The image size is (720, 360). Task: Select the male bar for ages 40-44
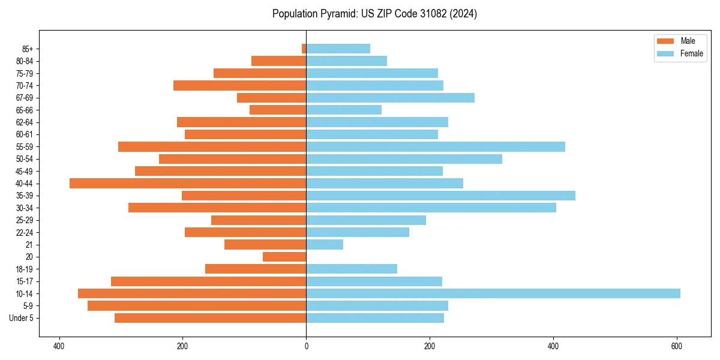click(x=188, y=184)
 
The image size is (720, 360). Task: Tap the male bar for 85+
click(x=304, y=49)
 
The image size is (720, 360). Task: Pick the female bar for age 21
click(x=325, y=244)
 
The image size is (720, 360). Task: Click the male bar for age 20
click(x=284, y=257)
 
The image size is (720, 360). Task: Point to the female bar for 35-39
click(x=440, y=196)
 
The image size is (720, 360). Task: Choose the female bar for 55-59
click(x=436, y=147)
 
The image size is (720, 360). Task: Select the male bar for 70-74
click(x=240, y=86)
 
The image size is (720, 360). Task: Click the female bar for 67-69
click(x=390, y=98)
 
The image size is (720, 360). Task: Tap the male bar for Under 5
click(x=211, y=318)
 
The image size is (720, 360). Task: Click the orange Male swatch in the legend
click(x=665, y=41)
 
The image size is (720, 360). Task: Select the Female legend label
click(x=691, y=53)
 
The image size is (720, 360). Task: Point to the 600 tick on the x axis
click(x=677, y=346)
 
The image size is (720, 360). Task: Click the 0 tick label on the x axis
click(x=306, y=346)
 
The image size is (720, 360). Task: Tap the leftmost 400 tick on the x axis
click(x=59, y=346)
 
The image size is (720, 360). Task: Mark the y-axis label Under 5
click(x=22, y=318)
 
